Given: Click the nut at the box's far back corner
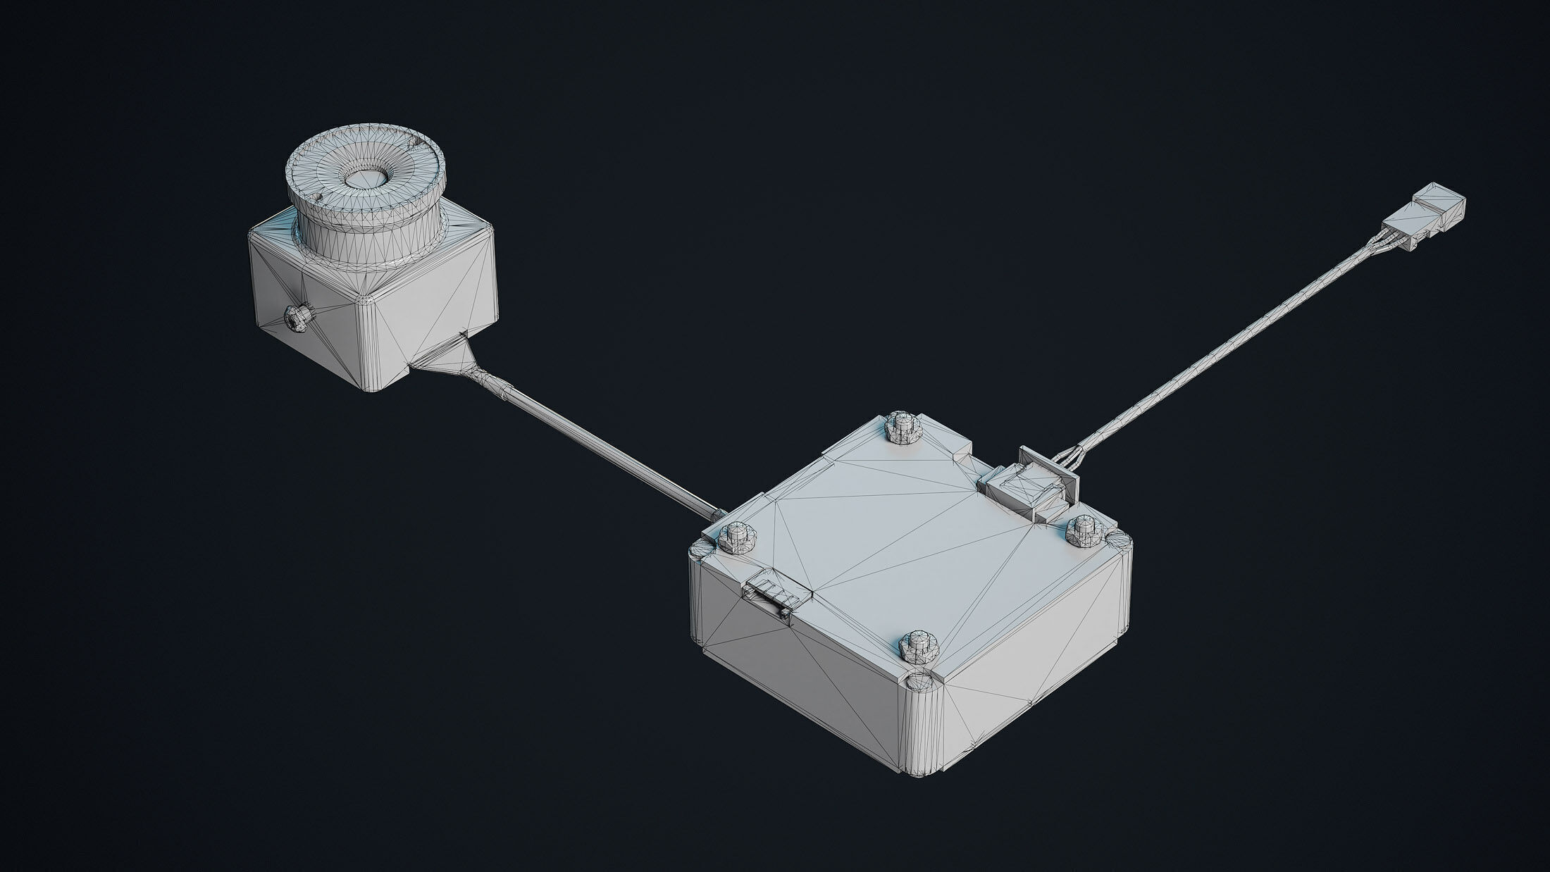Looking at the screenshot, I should (x=902, y=426).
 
